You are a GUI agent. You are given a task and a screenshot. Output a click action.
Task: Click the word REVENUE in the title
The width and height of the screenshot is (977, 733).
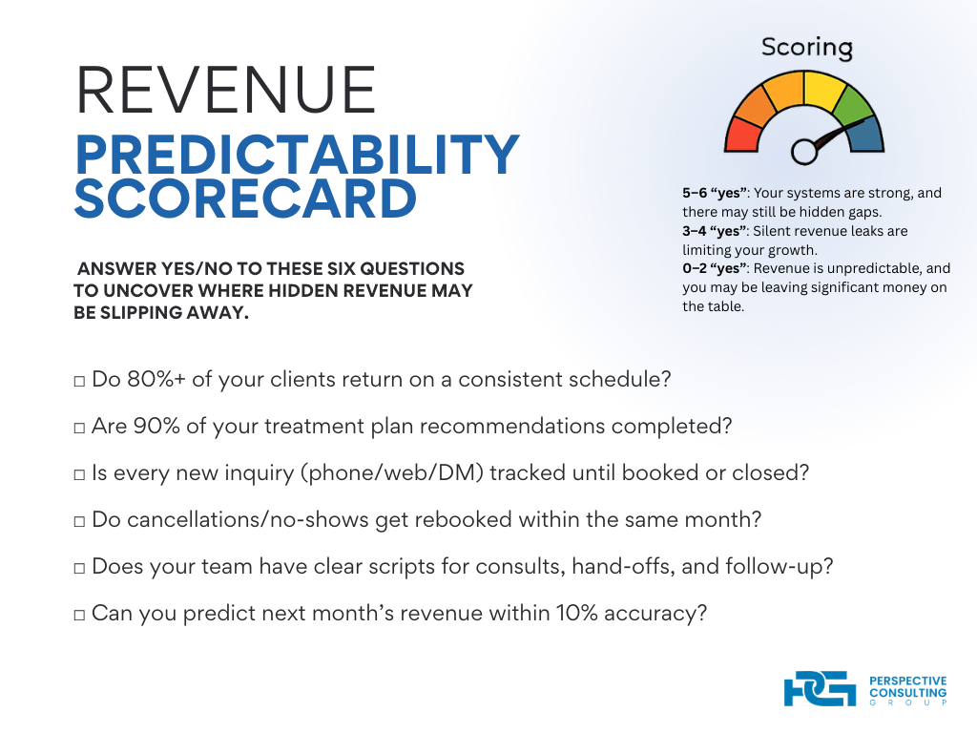[226, 92]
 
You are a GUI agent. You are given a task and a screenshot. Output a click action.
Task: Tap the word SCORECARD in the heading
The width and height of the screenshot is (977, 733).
[246, 198]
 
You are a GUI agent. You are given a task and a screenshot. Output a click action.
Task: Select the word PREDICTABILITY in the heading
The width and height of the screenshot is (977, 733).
[297, 154]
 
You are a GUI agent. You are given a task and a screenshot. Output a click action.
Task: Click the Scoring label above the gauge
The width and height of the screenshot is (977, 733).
[806, 47]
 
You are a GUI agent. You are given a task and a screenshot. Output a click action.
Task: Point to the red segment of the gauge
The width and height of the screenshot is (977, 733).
[742, 135]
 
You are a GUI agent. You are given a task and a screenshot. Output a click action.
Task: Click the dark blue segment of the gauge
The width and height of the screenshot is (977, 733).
[867, 135]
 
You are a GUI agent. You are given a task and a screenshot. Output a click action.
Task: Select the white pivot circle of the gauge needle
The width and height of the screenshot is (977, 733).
[804, 150]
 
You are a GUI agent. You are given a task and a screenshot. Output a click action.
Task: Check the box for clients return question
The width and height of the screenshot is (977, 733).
[79, 381]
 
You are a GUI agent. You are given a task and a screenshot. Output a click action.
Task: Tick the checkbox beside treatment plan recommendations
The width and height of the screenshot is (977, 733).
[79, 428]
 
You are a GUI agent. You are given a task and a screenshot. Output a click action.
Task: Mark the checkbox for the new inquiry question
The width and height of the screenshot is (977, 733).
[79, 474]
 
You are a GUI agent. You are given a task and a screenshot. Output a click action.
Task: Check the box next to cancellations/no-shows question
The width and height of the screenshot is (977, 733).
[79, 521]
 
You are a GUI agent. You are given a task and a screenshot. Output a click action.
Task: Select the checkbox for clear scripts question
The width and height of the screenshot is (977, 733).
[79, 568]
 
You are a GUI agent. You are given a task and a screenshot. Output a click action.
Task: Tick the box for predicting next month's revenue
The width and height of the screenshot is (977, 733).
[79, 615]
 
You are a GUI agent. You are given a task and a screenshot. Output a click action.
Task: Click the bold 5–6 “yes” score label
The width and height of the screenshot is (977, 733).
[715, 193]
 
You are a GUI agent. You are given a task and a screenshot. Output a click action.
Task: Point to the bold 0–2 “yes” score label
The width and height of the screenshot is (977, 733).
[715, 269]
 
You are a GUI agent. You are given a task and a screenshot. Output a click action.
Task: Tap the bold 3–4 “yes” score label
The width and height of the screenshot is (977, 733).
[715, 231]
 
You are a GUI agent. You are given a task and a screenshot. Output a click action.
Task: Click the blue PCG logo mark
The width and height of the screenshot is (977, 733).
[819, 689]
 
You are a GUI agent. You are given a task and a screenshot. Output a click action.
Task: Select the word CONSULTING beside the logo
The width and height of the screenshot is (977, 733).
[907, 692]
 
